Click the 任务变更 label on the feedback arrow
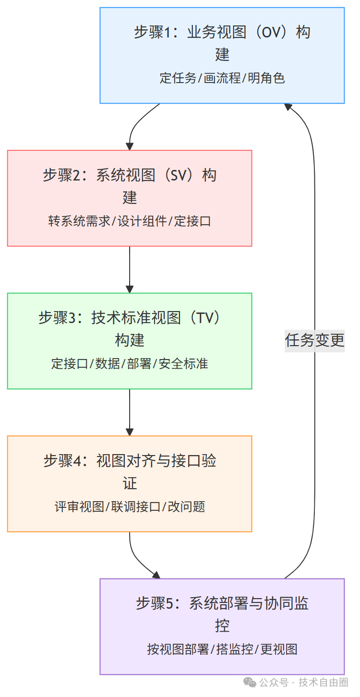point(314,340)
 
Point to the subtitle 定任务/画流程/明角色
point(222,78)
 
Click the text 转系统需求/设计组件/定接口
point(130,221)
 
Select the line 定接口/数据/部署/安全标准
point(130,363)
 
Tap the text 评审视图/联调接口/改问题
point(130,506)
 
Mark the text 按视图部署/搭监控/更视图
point(222,649)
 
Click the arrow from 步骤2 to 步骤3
point(130,269)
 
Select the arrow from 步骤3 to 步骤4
point(130,412)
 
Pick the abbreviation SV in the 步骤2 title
point(180,175)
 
